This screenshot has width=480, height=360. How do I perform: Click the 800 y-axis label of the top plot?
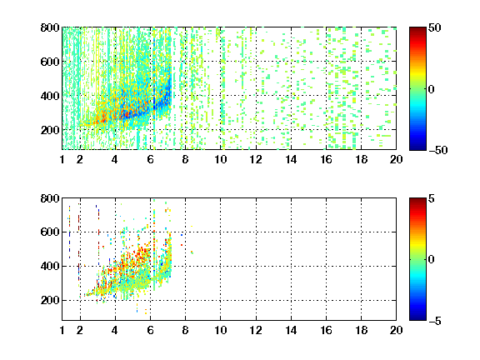coord(50,27)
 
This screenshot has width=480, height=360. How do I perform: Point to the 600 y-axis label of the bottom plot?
coord(50,232)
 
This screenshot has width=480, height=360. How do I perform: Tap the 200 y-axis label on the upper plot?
coord(50,130)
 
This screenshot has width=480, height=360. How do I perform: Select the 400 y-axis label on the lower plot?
coord(50,266)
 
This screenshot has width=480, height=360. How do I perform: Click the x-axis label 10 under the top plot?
coord(220,159)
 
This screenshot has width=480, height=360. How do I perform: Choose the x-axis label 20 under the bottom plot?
coord(396,330)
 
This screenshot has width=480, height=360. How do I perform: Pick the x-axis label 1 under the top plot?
coord(62,159)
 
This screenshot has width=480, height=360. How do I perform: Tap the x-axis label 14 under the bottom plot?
coord(291,330)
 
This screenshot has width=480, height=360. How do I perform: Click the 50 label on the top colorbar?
coord(434,27)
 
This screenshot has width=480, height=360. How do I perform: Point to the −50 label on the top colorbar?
coord(437,150)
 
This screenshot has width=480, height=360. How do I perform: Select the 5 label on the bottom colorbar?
coord(432,198)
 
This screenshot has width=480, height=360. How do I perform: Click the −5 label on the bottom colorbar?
coord(435,321)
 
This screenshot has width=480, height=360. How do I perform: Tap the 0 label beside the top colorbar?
coord(432,89)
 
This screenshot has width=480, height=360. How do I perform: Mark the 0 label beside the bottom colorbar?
coord(432,260)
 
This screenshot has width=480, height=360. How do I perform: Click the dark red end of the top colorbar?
coord(417,30)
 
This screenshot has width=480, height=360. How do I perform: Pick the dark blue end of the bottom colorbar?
coord(417,317)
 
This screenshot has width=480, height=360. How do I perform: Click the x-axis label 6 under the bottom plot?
coord(150,330)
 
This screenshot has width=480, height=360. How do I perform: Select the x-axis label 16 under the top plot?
coord(326,159)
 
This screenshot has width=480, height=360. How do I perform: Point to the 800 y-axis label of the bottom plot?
coord(50,198)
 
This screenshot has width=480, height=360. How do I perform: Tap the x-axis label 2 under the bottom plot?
coord(80,330)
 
